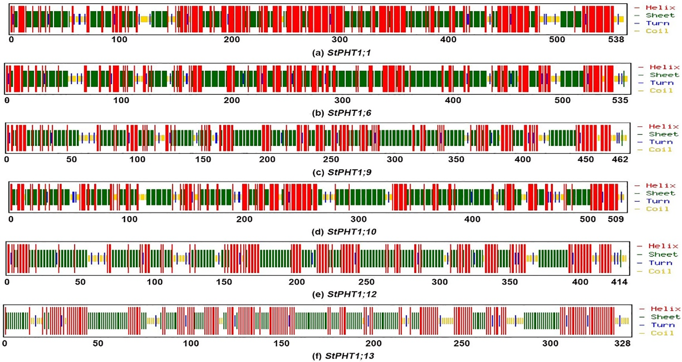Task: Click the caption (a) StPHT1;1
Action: point(341,53)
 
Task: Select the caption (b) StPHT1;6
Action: point(341,113)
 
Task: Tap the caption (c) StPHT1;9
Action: point(341,172)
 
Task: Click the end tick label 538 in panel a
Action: point(616,40)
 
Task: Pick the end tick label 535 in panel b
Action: point(620,100)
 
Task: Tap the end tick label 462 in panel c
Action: point(620,159)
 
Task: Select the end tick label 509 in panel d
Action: point(616,219)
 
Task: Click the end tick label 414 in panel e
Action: point(619,282)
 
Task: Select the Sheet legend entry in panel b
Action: point(664,75)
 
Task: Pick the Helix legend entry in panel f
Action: point(665,309)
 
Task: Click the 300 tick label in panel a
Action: point(340,40)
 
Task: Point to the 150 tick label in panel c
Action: point(203,159)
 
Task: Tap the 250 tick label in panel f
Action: point(462,344)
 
